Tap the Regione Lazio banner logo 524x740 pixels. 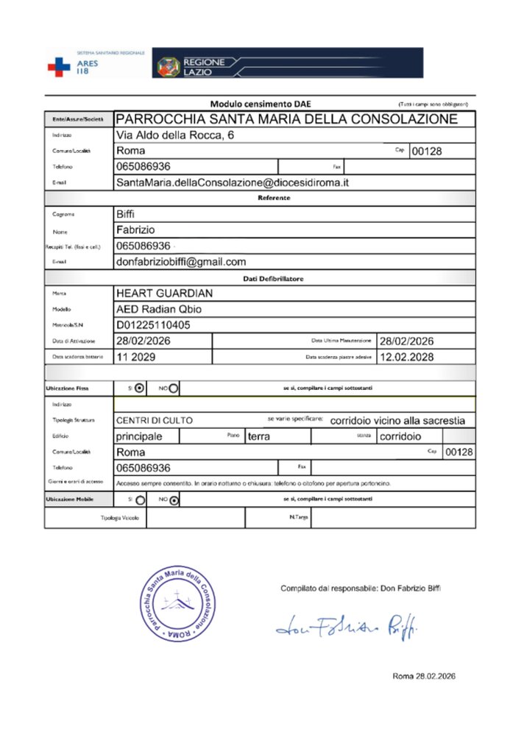click(x=288, y=63)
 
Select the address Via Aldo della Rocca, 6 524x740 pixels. click(x=176, y=135)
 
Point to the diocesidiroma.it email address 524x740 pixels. click(x=232, y=182)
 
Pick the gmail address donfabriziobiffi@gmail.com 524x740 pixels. click(x=181, y=261)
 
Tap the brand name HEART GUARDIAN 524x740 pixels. click(x=165, y=293)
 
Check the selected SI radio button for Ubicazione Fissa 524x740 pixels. click(x=140, y=388)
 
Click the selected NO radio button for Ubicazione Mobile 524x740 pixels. click(x=173, y=501)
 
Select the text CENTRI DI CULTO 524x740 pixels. click(x=155, y=421)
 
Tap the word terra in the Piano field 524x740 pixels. click(x=260, y=436)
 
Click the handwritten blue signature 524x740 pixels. click(x=338, y=625)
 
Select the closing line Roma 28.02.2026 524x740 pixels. click(x=424, y=676)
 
